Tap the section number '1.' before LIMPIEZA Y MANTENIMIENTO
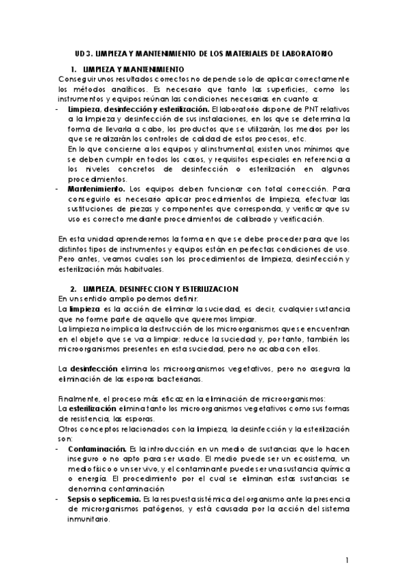(74, 69)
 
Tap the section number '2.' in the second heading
(74, 289)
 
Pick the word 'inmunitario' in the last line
(89, 519)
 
